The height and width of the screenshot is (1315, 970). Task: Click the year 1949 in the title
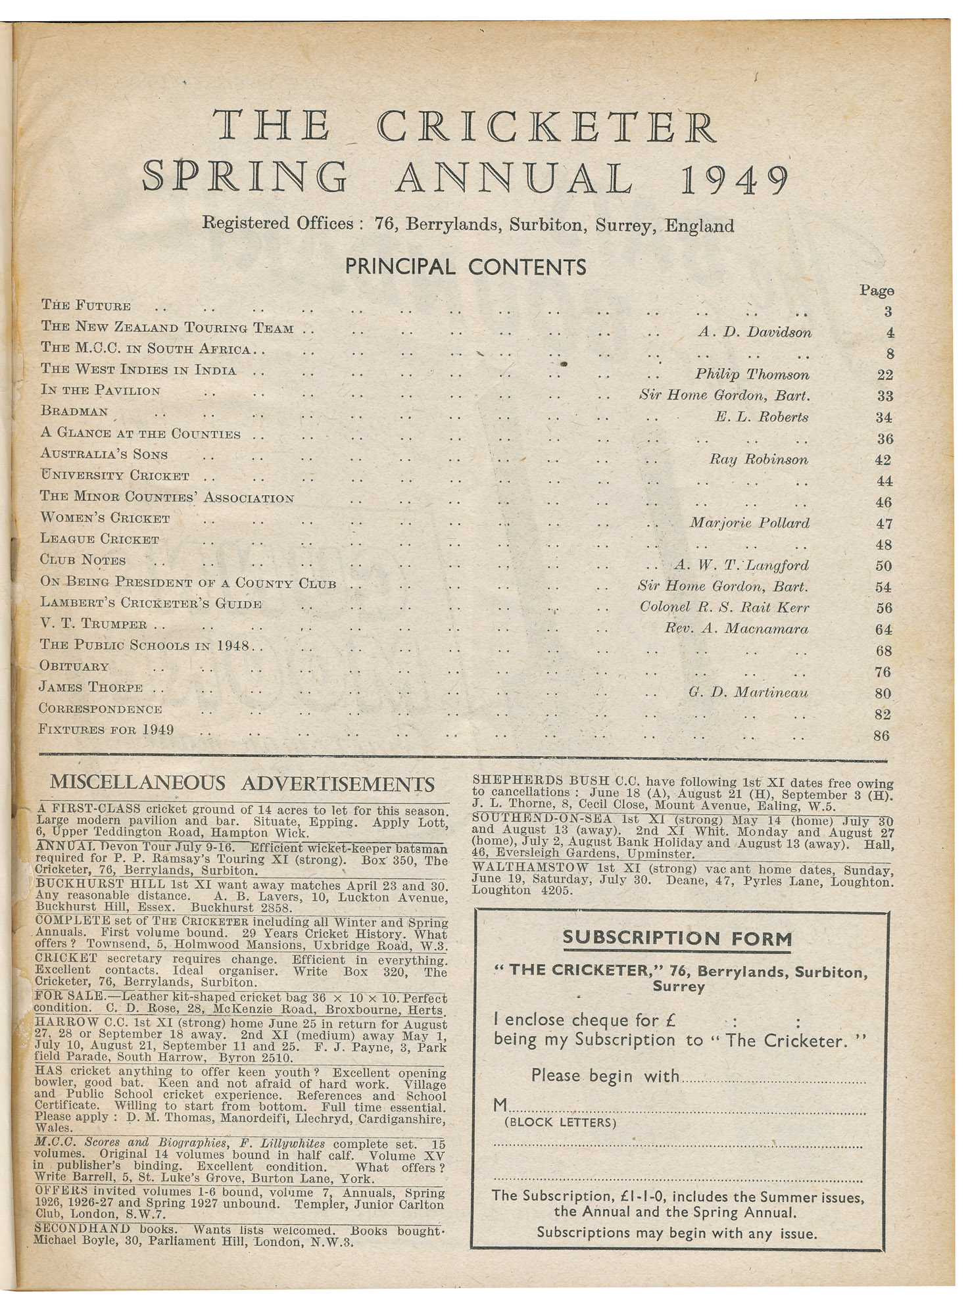click(x=734, y=179)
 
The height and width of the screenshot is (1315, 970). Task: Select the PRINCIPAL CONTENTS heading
click(x=466, y=267)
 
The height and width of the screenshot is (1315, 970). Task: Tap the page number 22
click(x=884, y=375)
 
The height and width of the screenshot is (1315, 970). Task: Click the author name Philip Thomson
click(x=752, y=374)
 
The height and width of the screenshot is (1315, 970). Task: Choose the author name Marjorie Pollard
click(x=749, y=523)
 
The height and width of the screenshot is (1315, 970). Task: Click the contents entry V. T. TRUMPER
click(x=94, y=624)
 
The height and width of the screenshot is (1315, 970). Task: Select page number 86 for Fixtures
click(x=881, y=736)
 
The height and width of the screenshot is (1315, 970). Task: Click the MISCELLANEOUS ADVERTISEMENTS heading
click(x=242, y=784)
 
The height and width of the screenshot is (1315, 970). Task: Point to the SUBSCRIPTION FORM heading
click(x=677, y=939)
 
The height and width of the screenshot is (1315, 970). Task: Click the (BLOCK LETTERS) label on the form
click(x=560, y=1123)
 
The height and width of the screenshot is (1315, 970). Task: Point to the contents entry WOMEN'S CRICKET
click(x=105, y=519)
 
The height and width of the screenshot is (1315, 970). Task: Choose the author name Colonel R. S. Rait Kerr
click(x=724, y=608)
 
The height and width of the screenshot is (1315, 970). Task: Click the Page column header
click(x=877, y=290)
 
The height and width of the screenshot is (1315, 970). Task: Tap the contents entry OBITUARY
click(x=74, y=666)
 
